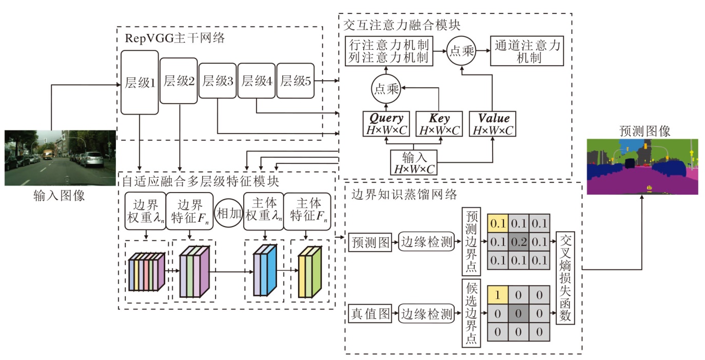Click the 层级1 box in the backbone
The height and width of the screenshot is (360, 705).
click(140, 82)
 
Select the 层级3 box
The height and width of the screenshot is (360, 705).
click(218, 81)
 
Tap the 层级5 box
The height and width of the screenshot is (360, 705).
click(296, 81)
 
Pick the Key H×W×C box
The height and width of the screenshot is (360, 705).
click(438, 124)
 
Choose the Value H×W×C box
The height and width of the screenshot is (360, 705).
click(493, 124)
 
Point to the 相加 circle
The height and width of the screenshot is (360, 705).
click(228, 214)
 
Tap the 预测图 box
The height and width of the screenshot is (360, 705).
click(370, 241)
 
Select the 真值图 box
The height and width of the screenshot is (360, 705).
click(370, 313)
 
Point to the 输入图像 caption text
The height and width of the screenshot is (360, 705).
click(60, 196)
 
